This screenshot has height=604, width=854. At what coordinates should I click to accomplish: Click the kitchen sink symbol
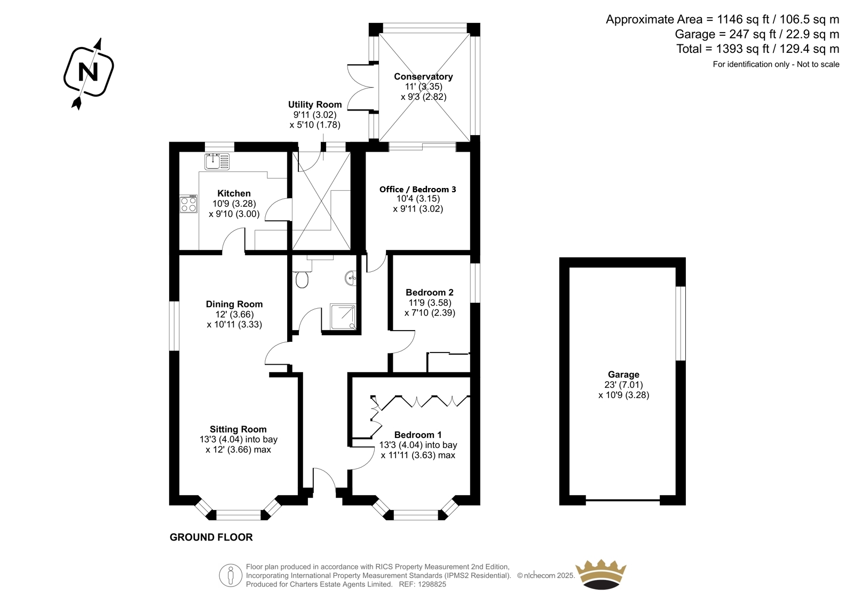click(x=217, y=161)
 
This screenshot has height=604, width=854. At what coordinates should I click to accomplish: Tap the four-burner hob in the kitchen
click(x=188, y=204)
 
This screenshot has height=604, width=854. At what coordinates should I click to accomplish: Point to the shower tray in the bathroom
click(x=343, y=317)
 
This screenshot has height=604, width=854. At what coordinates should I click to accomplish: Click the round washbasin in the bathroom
click(x=351, y=278)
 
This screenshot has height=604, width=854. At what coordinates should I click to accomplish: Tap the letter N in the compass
click(x=88, y=72)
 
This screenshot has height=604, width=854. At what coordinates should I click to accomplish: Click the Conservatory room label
click(x=423, y=77)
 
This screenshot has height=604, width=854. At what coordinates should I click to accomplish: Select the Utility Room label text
click(x=315, y=105)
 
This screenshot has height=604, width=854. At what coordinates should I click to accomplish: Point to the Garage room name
click(x=623, y=375)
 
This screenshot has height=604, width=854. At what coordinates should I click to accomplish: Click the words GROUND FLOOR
click(x=211, y=537)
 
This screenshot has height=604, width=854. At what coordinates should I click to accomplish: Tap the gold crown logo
click(x=601, y=574)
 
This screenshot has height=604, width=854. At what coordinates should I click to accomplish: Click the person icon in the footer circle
click(x=230, y=575)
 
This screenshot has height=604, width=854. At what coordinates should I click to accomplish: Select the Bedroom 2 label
click(x=430, y=293)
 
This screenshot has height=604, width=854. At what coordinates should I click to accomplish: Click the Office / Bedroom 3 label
click(x=417, y=189)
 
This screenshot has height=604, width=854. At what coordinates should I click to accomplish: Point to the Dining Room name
click(x=234, y=304)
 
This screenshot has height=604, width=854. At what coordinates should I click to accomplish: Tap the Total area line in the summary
click(x=757, y=49)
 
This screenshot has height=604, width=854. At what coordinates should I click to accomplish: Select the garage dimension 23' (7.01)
click(x=623, y=385)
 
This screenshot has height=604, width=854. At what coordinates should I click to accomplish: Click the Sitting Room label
click(x=238, y=429)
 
